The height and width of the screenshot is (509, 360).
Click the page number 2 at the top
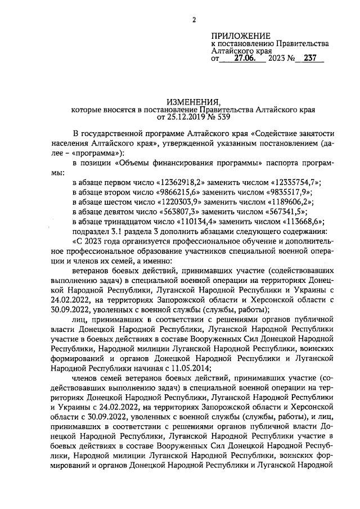pyautogui.click(x=193, y=21)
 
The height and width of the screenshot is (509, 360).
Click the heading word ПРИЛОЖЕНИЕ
pyautogui.click(x=241, y=35)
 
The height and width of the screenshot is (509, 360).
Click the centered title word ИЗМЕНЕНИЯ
pyautogui.click(x=193, y=101)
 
